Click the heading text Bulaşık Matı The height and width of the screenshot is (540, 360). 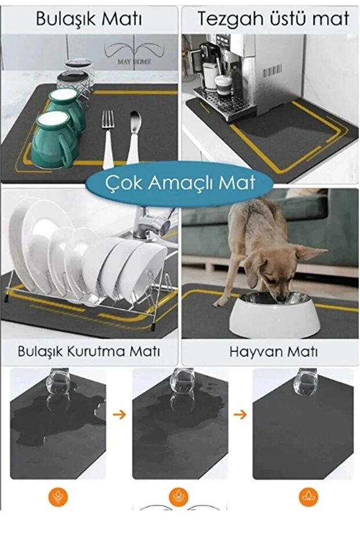click(89, 19)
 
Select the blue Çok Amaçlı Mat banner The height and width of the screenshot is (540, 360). click(179, 183)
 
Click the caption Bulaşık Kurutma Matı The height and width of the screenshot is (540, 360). click(89, 351)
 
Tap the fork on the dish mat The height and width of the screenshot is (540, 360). click(108, 137)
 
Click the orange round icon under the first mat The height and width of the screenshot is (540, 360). click(59, 496)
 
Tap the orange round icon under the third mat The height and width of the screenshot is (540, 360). click(308, 496)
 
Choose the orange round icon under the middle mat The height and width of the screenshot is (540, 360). click(179, 496)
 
